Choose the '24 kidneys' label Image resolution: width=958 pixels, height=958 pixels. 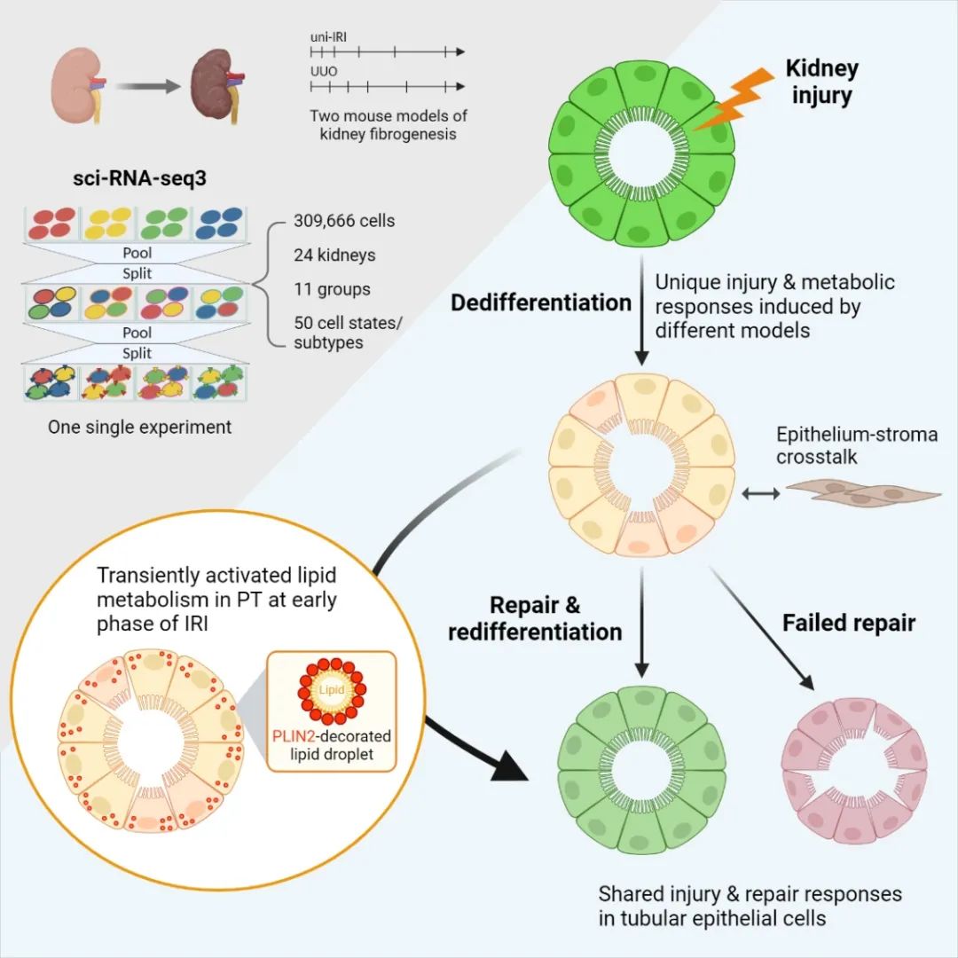pyautogui.click(x=334, y=255)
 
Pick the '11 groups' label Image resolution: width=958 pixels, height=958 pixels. pyautogui.click(x=332, y=289)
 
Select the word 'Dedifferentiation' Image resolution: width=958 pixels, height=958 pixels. pyautogui.click(x=541, y=302)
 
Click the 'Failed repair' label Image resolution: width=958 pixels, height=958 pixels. pyautogui.click(x=849, y=623)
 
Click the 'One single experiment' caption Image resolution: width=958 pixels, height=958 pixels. pyautogui.click(x=140, y=427)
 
